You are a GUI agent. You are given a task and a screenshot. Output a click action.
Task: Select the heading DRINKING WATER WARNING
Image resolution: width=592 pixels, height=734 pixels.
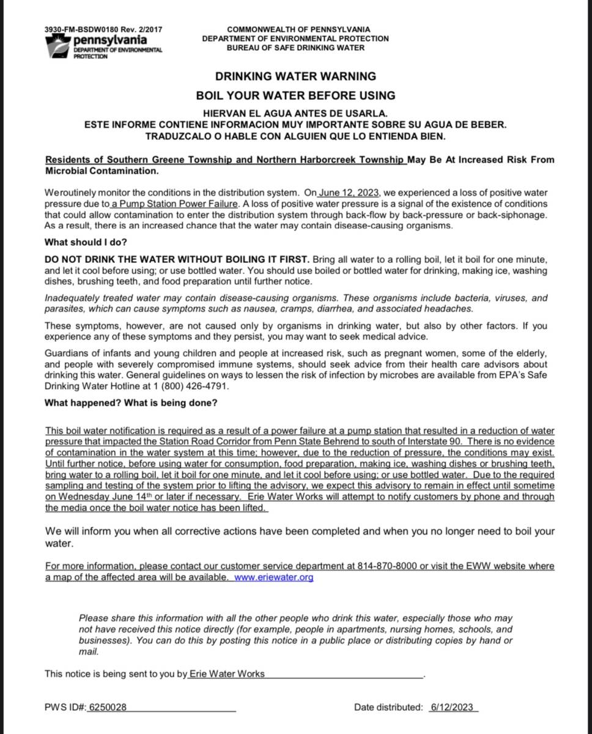point(295,76)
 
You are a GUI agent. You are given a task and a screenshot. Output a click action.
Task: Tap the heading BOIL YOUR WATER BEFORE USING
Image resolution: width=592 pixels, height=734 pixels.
point(295,95)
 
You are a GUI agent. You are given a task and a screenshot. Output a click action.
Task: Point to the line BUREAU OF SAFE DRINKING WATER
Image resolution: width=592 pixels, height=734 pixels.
point(295,48)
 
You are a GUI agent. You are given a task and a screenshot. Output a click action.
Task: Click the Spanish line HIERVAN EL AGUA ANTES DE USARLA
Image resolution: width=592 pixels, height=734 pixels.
point(295,114)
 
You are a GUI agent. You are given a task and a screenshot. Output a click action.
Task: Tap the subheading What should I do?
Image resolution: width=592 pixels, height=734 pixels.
point(86,242)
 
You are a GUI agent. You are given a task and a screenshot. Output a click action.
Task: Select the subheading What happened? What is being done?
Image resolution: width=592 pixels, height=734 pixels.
point(131,403)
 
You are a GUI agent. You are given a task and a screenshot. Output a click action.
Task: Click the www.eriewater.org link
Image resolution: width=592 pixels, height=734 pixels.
point(273,577)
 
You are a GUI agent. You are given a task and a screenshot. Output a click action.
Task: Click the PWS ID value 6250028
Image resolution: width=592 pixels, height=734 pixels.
point(108,707)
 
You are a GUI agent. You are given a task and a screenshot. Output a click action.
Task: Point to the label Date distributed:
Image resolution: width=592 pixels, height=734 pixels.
point(388,707)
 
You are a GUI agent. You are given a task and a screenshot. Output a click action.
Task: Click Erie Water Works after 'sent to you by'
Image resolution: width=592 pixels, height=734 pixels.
point(227,673)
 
